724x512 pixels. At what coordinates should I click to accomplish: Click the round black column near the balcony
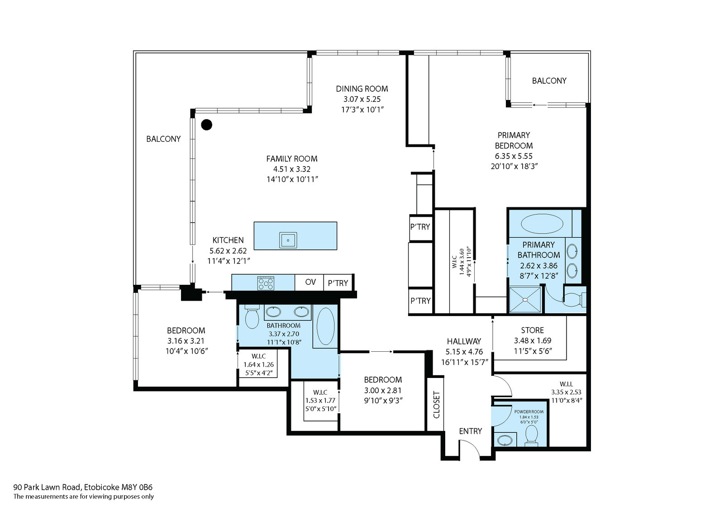pyautogui.click(x=206, y=124)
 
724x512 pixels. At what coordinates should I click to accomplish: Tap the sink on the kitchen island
pyautogui.click(x=288, y=240)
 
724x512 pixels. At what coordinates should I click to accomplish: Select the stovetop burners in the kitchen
pyautogui.click(x=266, y=284)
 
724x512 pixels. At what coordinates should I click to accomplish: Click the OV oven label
pyautogui.click(x=310, y=282)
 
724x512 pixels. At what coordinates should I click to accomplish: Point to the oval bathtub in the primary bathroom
pyautogui.click(x=542, y=224)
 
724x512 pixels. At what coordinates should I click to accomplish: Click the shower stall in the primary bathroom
pyautogui.click(x=525, y=300)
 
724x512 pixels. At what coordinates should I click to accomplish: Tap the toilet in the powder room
pyautogui.click(x=531, y=435)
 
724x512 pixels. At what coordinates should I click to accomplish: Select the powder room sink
pyautogui.click(x=505, y=440)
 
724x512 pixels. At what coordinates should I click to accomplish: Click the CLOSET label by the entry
pyautogui.click(x=436, y=405)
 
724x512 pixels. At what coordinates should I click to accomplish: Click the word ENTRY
pyautogui.click(x=470, y=431)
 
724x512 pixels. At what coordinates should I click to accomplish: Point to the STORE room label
pyautogui.click(x=532, y=330)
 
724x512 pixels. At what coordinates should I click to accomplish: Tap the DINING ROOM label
pyautogui.click(x=362, y=89)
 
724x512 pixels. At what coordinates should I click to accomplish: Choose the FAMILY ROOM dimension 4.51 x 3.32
pyautogui.click(x=291, y=169)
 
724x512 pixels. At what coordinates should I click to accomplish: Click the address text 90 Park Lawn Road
pyautogui.click(x=48, y=487)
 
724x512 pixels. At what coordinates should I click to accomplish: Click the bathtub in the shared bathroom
pyautogui.click(x=325, y=326)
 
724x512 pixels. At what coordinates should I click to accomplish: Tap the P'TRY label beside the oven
pyautogui.click(x=338, y=283)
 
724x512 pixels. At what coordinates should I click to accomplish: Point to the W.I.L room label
pyautogui.click(x=566, y=384)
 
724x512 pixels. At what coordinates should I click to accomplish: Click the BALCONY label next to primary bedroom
pyautogui.click(x=549, y=81)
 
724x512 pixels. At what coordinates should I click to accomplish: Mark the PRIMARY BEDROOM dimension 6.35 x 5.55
pyautogui.click(x=514, y=156)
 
